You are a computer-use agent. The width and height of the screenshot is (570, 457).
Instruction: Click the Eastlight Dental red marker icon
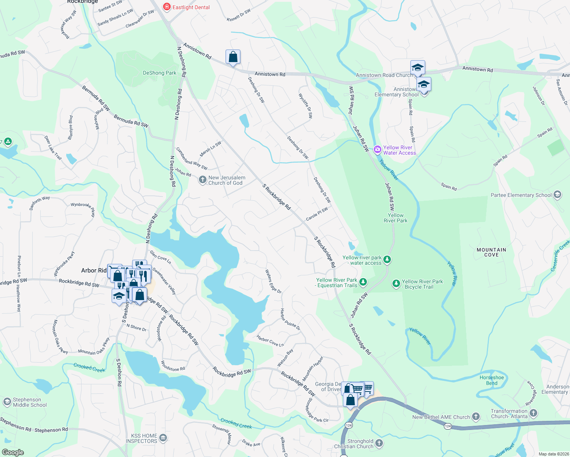pyautogui.click(x=167, y=7)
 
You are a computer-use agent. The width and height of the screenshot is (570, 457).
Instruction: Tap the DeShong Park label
pyautogui.click(x=159, y=73)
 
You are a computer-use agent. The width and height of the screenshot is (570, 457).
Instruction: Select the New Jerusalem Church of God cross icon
pyautogui.click(x=203, y=180)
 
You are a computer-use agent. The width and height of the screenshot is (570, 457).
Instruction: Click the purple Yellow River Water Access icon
pyautogui.click(x=378, y=150)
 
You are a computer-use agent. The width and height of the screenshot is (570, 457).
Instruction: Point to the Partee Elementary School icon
pyautogui.click(x=557, y=195)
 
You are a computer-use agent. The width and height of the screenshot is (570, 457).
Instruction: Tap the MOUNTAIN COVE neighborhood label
pyautogui.click(x=491, y=252)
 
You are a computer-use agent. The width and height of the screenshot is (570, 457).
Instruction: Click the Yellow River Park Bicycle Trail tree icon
pyautogui.click(x=396, y=283)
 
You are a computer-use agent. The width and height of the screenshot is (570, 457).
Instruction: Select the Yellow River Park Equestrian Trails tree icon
pyautogui.click(x=363, y=282)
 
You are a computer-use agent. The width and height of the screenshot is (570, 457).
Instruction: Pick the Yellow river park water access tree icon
pyautogui.click(x=387, y=259)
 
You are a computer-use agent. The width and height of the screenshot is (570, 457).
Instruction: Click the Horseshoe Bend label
pyautogui.click(x=492, y=380)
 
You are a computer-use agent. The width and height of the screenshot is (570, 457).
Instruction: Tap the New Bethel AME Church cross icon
pyautogui.click(x=476, y=417)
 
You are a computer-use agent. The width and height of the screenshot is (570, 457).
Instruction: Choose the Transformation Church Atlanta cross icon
pyautogui.click(x=533, y=413)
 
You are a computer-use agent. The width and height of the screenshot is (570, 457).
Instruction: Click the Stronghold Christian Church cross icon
pyautogui.click(x=379, y=443)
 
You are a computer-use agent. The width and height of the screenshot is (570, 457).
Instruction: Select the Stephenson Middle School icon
pyautogui.click(x=7, y=402)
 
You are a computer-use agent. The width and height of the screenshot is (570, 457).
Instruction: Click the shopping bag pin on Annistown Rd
pyautogui.click(x=233, y=57)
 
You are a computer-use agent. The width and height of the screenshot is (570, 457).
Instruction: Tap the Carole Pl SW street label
pyautogui.click(x=317, y=214)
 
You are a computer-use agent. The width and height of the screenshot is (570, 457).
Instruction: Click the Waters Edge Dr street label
pyautogui.click(x=273, y=281)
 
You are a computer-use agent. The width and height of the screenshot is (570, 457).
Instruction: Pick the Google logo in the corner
pyautogui.click(x=13, y=452)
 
